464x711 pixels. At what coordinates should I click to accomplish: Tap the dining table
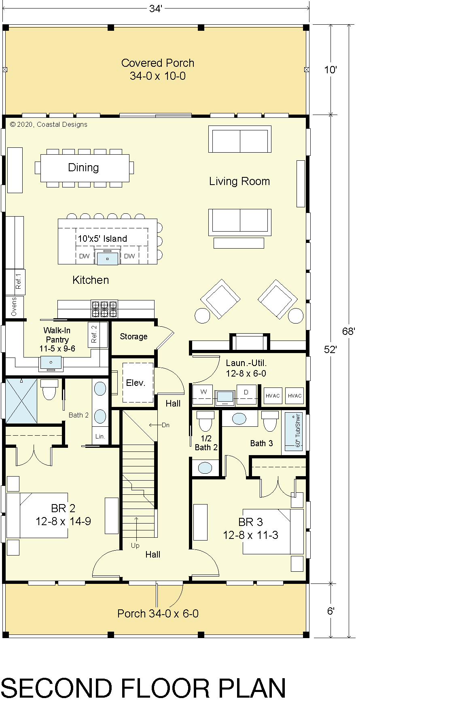click(x=85, y=168)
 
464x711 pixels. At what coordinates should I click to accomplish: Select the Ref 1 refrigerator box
click(x=15, y=282)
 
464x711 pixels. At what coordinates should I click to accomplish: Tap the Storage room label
click(x=133, y=336)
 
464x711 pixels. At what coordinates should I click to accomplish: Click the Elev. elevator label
click(x=136, y=383)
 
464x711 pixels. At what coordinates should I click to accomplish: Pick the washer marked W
click(x=203, y=394)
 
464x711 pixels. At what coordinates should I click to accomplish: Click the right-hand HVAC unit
click(x=295, y=396)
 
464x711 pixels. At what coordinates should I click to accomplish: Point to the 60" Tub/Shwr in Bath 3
click(x=294, y=432)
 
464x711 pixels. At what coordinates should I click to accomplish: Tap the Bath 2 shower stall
click(x=21, y=401)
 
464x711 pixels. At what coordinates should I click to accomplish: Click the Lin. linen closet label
click(x=100, y=436)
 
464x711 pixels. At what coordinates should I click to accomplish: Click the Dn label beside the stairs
click(x=165, y=425)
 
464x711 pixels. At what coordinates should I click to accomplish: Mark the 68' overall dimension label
click(x=348, y=331)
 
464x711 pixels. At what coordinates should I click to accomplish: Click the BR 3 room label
click(x=251, y=522)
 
